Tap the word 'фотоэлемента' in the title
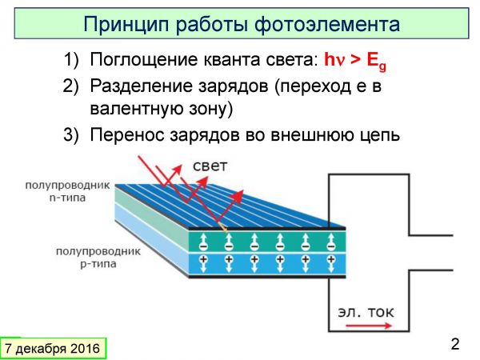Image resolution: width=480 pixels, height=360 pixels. coord(327,25)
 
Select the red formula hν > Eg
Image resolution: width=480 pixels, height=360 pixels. coord(355,60)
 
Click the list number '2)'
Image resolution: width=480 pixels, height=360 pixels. coord(70,86)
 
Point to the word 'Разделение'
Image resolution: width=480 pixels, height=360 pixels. coord(141,86)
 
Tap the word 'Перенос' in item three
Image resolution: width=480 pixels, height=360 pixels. coord(127,134)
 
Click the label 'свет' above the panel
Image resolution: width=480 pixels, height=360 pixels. coord(210,166)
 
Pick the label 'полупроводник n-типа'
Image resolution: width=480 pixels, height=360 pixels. coord(67,191)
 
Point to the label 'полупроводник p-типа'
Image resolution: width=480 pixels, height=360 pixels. coord(98,258)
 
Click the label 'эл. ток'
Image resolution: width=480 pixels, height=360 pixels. coord(366,312)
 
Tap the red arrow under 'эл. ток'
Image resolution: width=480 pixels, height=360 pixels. coord(369,326)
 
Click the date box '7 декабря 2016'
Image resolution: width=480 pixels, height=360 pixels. coord(53,349)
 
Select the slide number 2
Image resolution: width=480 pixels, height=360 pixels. coord(455,344)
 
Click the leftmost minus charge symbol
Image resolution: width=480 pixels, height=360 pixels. coord(203,246)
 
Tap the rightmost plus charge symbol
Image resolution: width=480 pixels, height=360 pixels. coord(330,259)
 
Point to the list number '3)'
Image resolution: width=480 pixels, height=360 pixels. coord(70,134)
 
